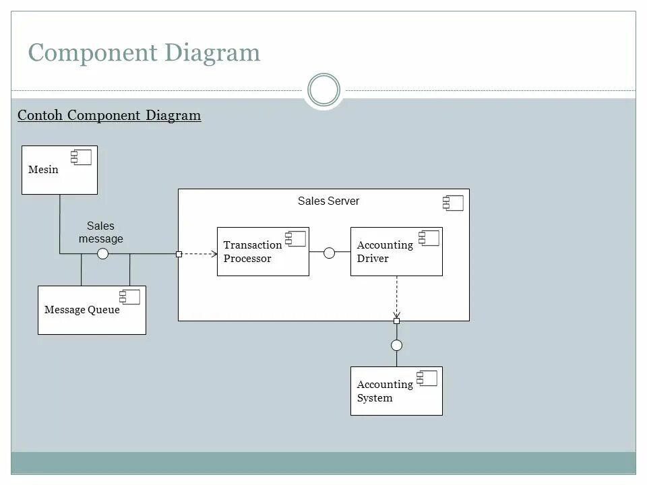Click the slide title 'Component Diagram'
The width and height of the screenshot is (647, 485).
point(144,53)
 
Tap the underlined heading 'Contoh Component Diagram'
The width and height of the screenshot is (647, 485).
point(109,115)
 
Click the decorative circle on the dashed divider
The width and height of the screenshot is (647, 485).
point(323,90)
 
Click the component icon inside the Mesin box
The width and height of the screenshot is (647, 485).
point(81,158)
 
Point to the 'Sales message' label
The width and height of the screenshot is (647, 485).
point(100,232)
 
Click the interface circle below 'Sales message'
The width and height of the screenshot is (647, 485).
point(102,254)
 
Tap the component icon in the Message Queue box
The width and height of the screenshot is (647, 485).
point(129,297)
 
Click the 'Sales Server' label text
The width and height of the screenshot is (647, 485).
point(328,201)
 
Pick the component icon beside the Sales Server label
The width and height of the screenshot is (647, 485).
point(453,203)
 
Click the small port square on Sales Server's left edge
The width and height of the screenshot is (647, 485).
point(179,254)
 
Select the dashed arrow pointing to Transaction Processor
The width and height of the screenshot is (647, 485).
point(200,254)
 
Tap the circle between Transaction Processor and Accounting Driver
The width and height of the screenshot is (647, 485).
point(329,253)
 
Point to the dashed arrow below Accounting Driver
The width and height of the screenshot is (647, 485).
point(396,296)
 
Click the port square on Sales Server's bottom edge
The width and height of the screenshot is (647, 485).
point(396,321)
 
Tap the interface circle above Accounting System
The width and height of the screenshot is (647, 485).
point(396,346)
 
